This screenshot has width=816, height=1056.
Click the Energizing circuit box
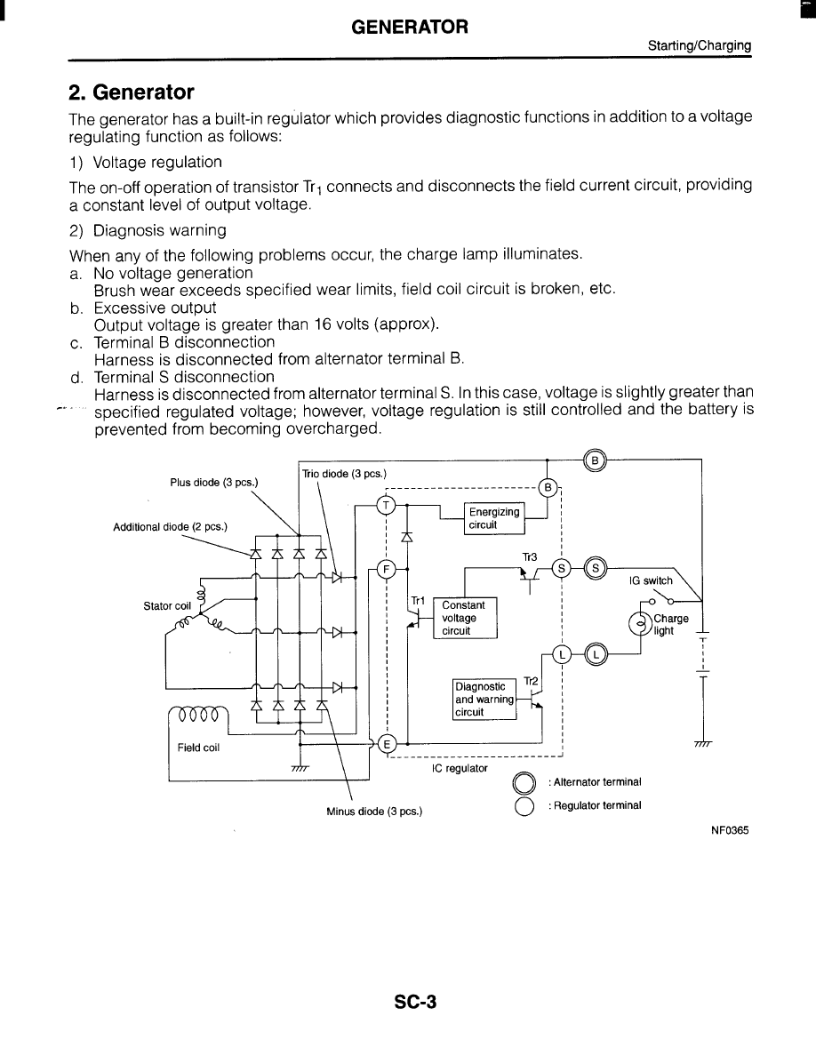tap(494, 518)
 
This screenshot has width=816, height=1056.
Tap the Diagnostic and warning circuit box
tap(484, 699)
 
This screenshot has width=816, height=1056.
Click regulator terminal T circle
tap(386, 505)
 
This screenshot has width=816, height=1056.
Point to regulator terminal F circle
tap(386, 569)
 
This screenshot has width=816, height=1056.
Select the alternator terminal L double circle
tap(595, 654)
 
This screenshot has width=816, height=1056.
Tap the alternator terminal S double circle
tap(596, 568)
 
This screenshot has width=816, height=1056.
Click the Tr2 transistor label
tap(531, 681)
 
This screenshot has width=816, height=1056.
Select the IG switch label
tap(651, 580)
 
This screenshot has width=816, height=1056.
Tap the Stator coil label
tap(167, 606)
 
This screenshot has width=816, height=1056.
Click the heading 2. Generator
tap(132, 92)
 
